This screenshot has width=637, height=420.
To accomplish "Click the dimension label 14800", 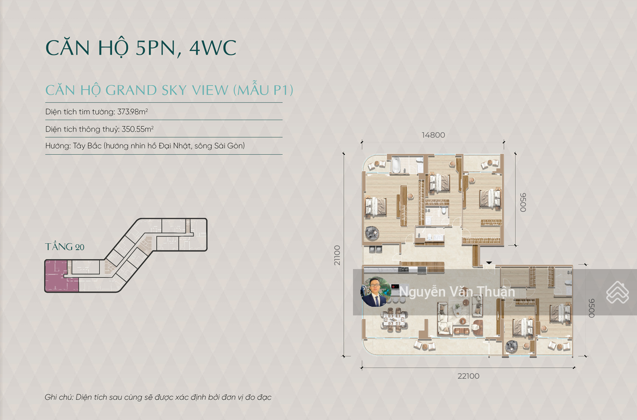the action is coord(433,135).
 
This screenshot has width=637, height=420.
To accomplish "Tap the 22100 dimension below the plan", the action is coord(468,376).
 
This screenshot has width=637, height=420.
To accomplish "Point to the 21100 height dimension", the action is coord(337,256).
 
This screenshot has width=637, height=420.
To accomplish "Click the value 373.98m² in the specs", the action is coord(133,112).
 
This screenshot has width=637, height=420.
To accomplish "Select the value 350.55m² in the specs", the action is coord(137,129).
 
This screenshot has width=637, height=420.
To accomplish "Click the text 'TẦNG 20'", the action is coord(65,246).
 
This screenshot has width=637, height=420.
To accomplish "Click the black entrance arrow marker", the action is coord(489,263).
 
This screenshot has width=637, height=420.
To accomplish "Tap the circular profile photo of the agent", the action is coord(376,292).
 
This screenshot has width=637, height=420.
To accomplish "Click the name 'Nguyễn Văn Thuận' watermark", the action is coord(457,292).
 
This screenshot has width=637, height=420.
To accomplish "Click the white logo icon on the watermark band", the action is coord(618,292).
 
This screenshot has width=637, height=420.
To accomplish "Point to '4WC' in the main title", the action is coord(212,47).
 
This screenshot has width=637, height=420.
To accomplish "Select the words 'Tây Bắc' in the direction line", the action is coord(87,146).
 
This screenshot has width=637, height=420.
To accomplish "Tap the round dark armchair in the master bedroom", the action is coord(372,233).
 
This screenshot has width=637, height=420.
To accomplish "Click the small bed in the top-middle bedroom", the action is coord(439,183).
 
